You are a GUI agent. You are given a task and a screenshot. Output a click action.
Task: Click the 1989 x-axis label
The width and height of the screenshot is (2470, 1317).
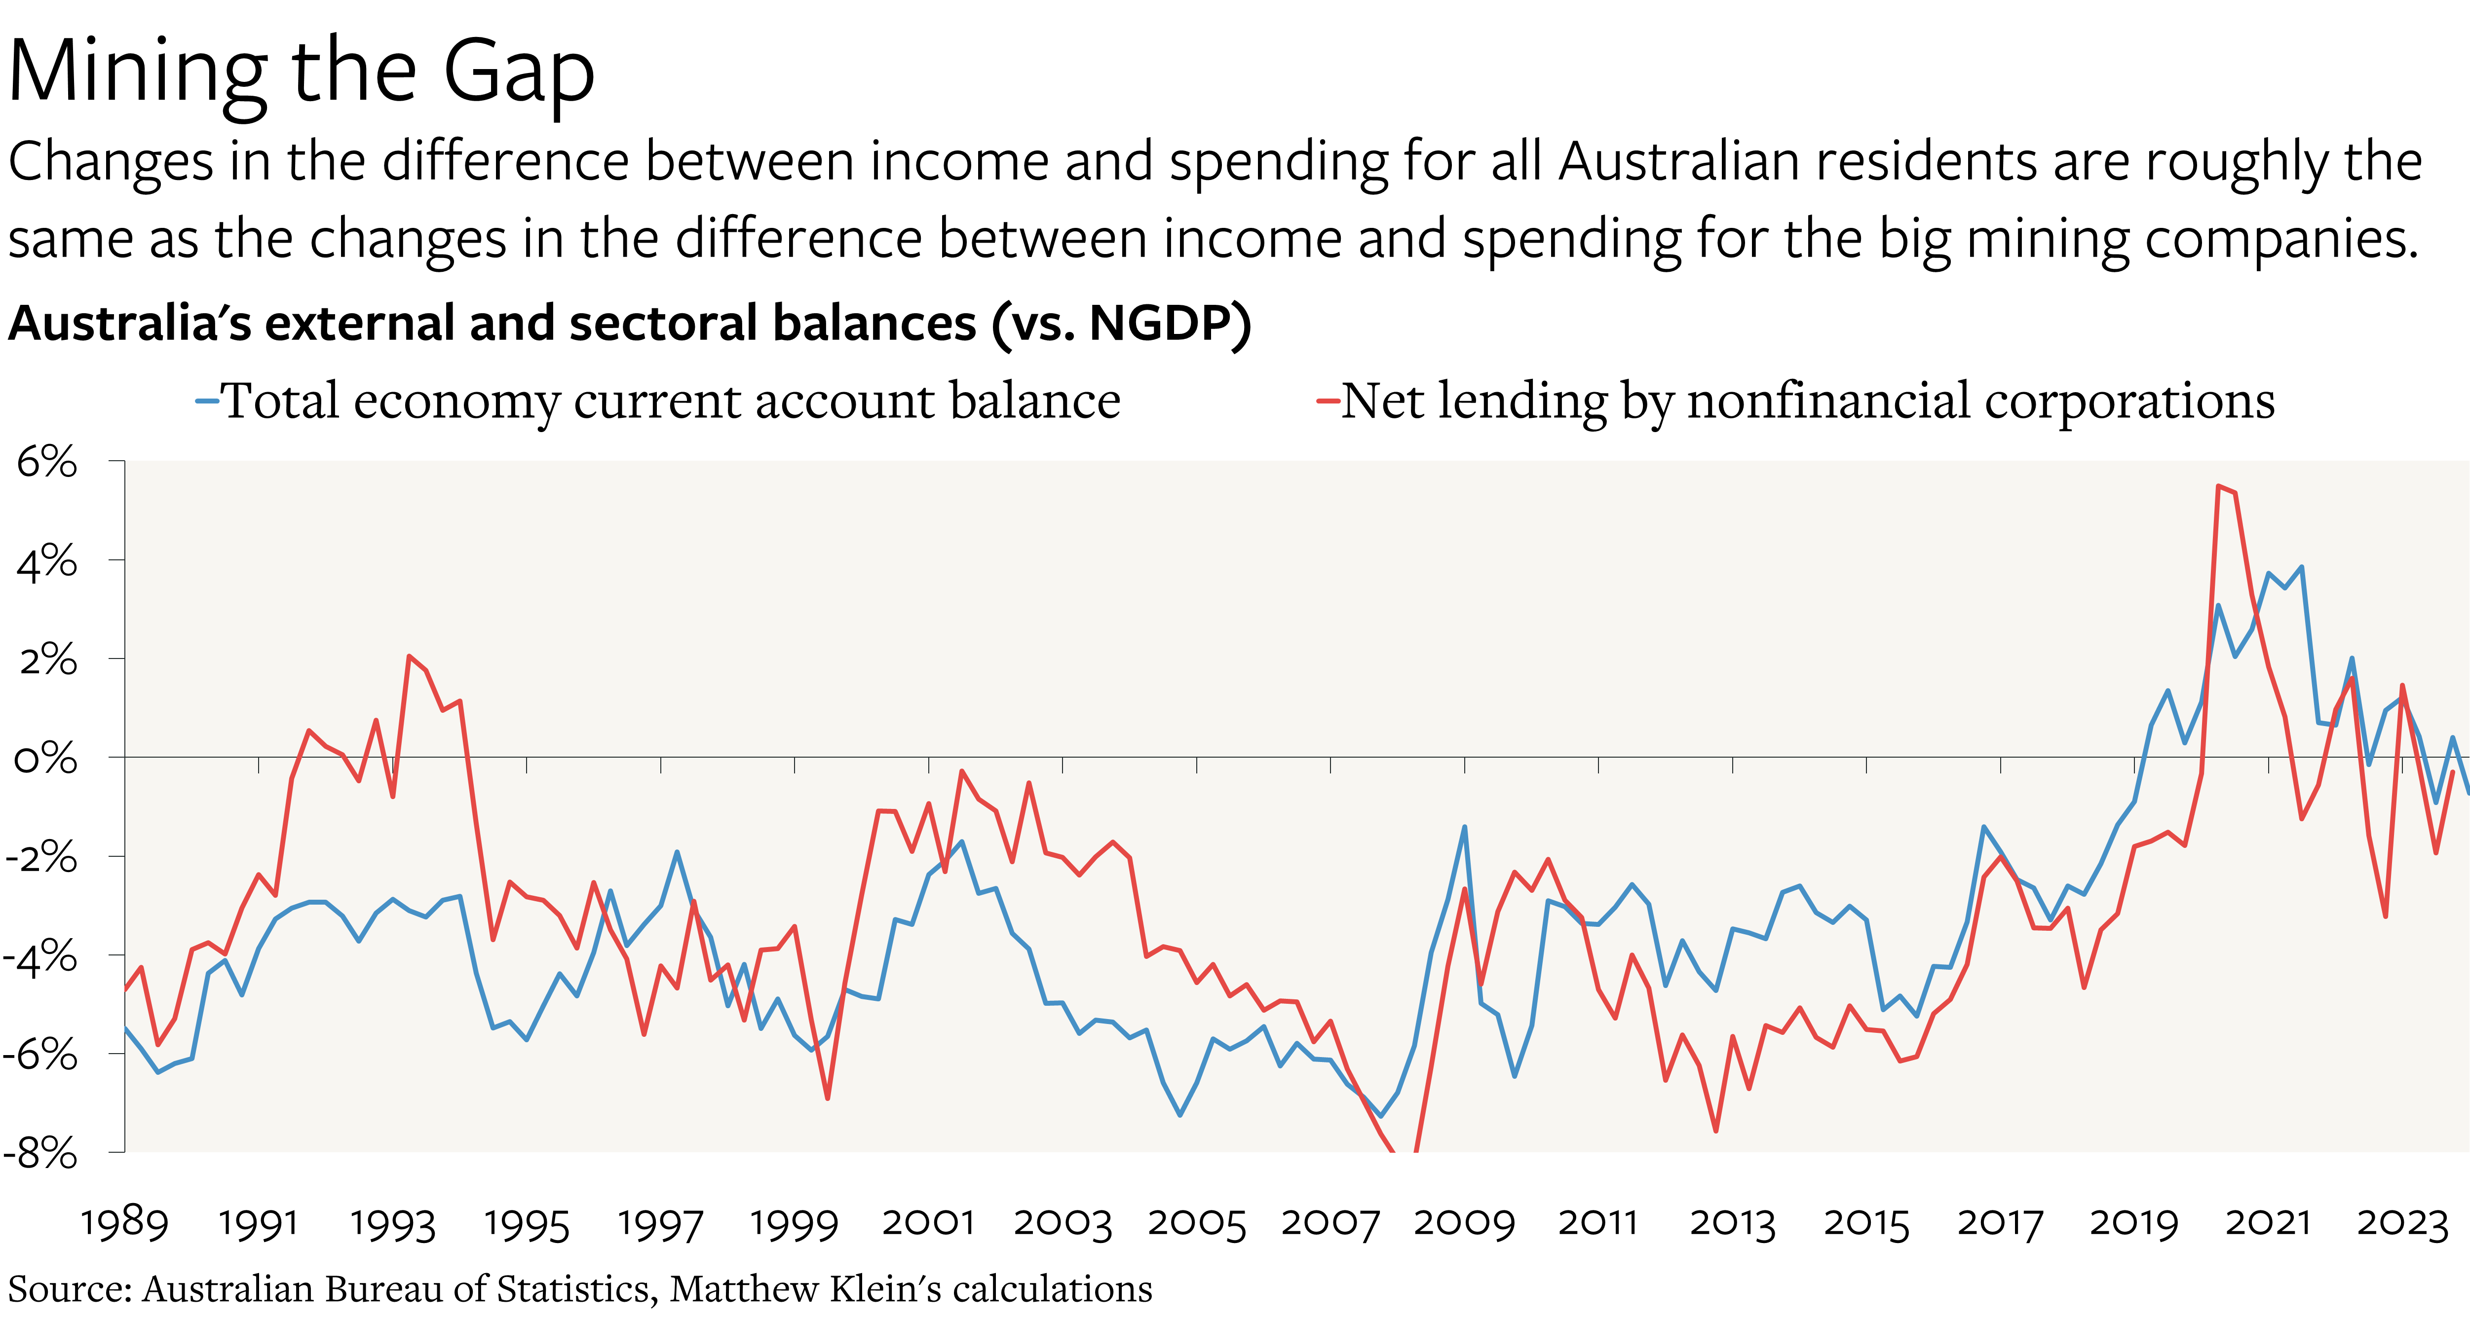pos(125,1223)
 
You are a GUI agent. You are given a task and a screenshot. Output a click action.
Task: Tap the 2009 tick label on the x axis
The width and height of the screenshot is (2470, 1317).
pos(1464,1223)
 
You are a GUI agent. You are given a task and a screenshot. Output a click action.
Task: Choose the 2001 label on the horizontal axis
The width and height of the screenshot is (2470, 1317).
pos(928,1223)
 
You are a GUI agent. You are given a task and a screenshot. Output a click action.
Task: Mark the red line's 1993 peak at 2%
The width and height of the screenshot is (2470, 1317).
pos(410,657)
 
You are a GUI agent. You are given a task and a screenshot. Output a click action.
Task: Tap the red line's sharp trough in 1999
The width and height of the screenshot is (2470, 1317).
pos(828,1097)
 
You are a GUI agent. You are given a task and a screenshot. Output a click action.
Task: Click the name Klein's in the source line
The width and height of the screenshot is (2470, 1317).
pos(885,1289)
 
